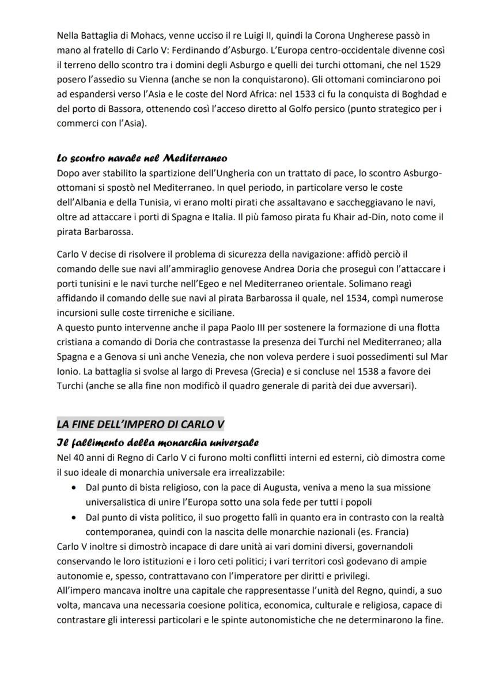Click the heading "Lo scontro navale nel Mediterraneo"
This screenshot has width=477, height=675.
[142, 158]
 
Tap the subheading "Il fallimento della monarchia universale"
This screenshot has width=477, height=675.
[157, 442]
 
